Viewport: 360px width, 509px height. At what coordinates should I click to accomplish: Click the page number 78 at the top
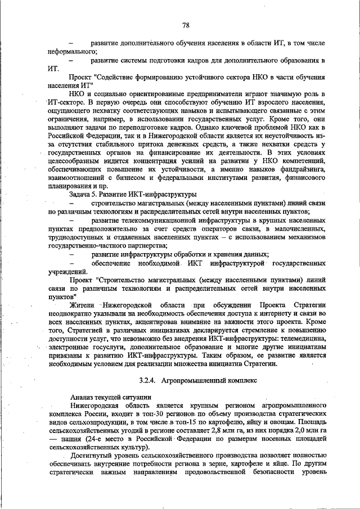pos(185,25)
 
